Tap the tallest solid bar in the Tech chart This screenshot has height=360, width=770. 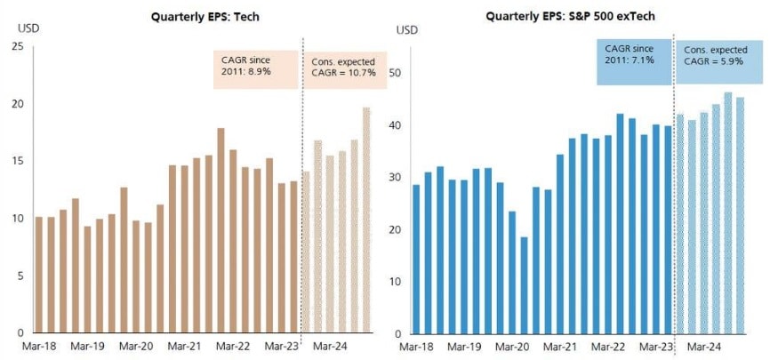pyautogui.click(x=221, y=230)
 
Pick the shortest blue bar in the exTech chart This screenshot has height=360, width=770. pyautogui.click(x=525, y=285)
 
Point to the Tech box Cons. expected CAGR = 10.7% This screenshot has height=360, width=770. pyautogui.click(x=343, y=67)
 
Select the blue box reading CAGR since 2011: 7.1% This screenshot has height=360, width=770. pyautogui.click(x=633, y=61)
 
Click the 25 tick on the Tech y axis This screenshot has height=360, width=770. pyautogui.click(x=18, y=46)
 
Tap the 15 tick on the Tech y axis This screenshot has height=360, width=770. pyautogui.click(x=18, y=161)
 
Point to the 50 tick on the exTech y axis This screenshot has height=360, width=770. pyautogui.click(x=400, y=73)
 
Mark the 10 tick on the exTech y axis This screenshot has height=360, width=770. pyautogui.click(x=400, y=282)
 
